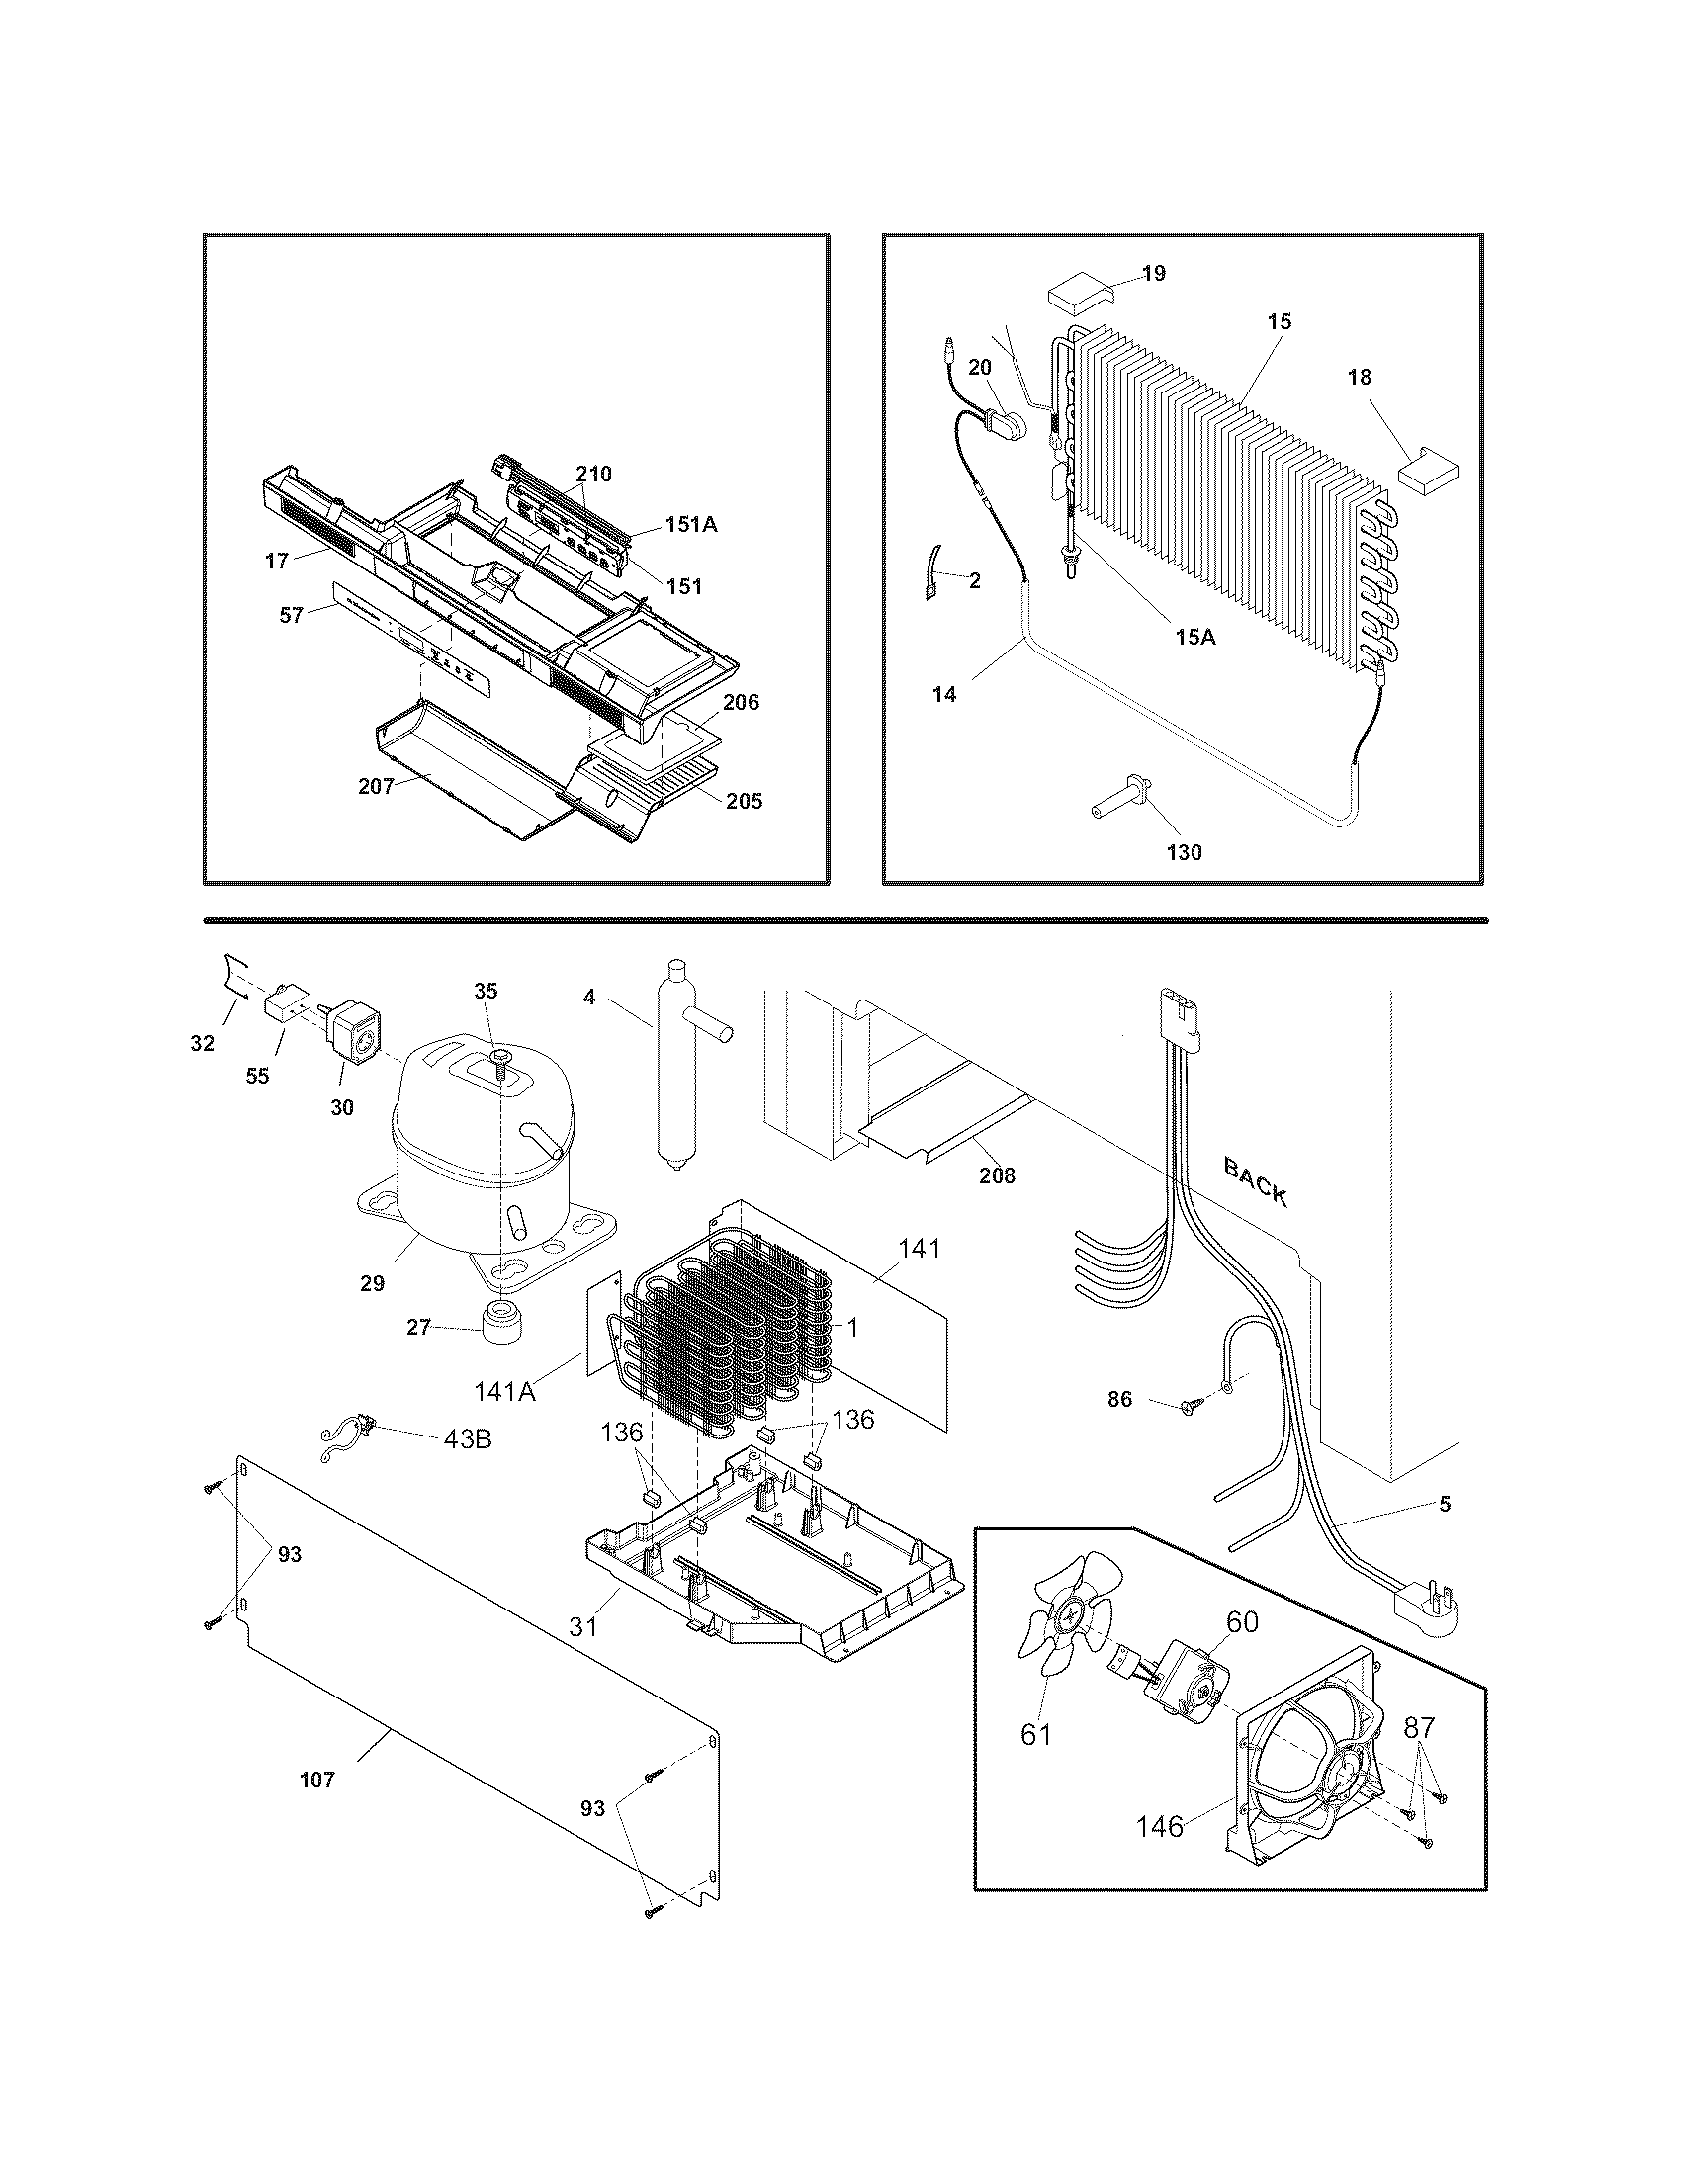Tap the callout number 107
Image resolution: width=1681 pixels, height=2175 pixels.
point(317,1780)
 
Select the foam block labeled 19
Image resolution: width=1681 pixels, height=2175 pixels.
point(1080,293)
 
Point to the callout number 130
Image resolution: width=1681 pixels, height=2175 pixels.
point(1184,852)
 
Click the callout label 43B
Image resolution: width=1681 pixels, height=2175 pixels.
point(467,1440)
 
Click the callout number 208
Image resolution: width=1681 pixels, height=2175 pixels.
point(997,1175)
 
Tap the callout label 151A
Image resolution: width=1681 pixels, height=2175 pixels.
point(691,524)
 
